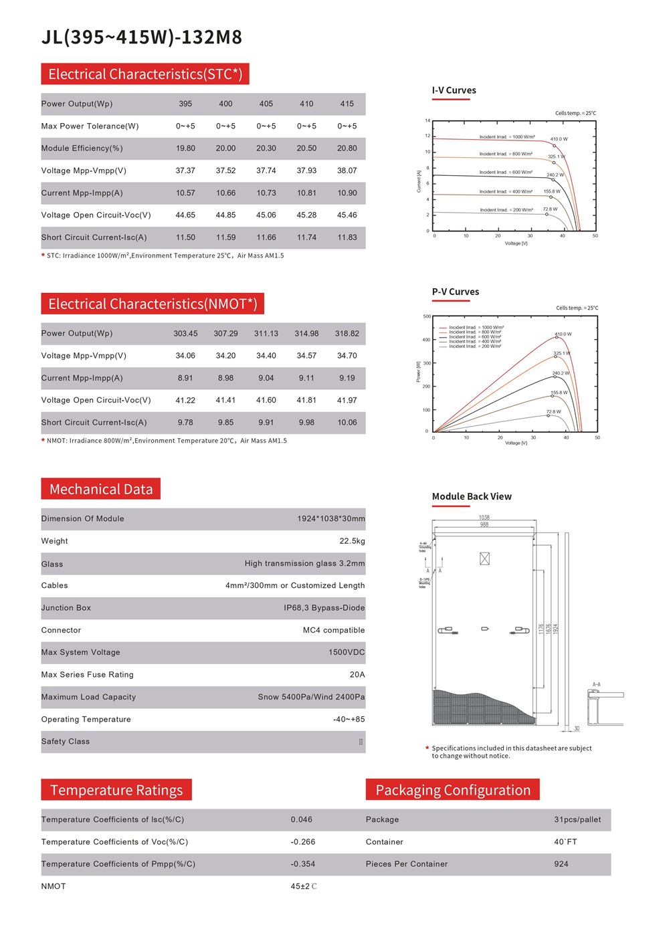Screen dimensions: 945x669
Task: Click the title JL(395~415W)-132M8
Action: [x=142, y=37]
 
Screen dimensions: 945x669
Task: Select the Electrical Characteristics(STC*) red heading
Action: [x=145, y=74]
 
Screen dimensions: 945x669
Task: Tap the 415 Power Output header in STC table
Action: [x=347, y=104]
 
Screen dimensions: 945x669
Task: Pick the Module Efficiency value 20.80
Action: [x=347, y=148]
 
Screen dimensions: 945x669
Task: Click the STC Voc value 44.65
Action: [x=185, y=215]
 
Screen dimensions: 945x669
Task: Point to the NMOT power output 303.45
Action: [x=185, y=334]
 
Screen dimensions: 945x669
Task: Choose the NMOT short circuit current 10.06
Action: [x=347, y=423]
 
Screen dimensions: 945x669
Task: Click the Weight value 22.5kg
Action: [x=352, y=541]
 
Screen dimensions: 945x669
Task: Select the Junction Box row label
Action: [x=66, y=608]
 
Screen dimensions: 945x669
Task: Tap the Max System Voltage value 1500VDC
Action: [x=347, y=653]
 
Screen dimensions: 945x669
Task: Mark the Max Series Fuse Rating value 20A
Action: [x=357, y=675]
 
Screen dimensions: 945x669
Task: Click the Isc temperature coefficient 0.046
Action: [x=301, y=820]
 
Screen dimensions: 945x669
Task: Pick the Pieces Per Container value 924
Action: [x=561, y=864]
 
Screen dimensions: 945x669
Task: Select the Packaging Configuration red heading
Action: [x=453, y=790]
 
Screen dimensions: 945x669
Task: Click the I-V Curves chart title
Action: [x=454, y=90]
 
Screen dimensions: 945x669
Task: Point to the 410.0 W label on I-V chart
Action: [x=559, y=139]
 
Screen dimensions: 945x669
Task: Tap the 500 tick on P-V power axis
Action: [x=427, y=316]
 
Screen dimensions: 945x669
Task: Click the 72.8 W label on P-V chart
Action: [x=553, y=412]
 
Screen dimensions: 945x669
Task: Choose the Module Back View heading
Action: [x=472, y=496]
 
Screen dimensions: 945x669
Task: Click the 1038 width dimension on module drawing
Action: [x=484, y=518]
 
